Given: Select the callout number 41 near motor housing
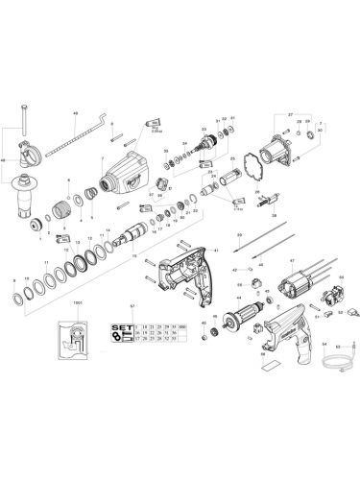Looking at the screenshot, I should tap(217, 250).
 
